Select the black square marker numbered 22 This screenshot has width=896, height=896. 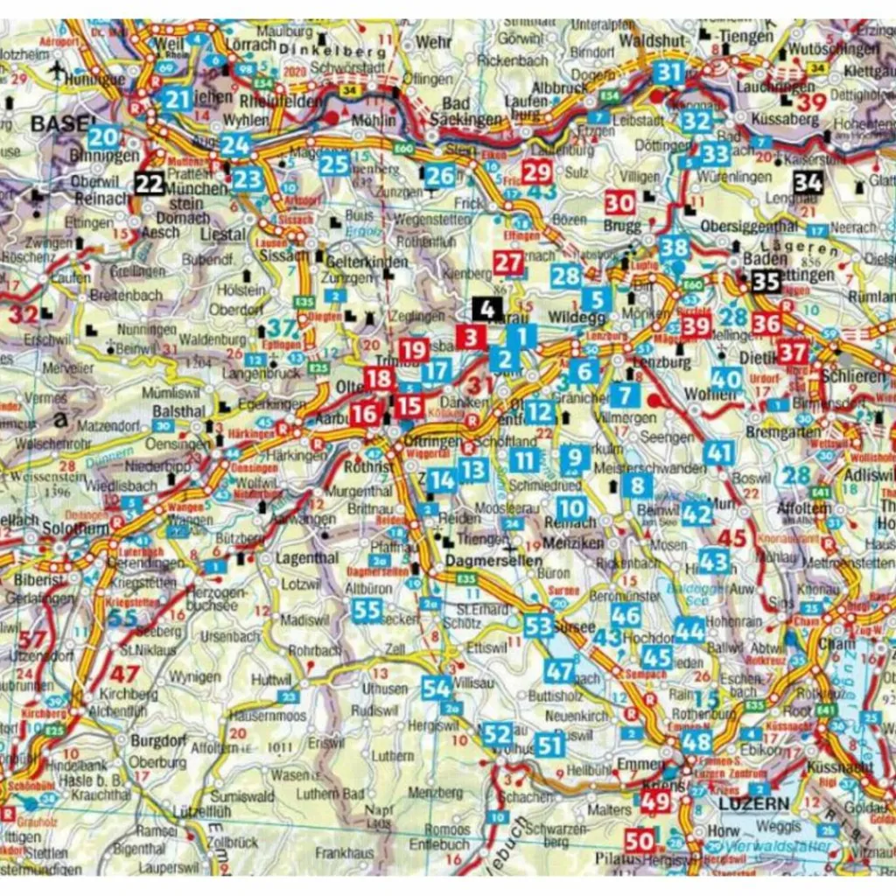[x=149, y=183]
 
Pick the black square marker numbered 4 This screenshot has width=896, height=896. [x=487, y=309]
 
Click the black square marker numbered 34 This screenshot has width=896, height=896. [x=808, y=183]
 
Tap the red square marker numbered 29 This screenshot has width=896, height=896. [x=536, y=171]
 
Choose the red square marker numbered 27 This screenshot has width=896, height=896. [x=508, y=262]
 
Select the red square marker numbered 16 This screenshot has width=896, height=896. [x=365, y=414]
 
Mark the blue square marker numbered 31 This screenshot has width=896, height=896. [x=668, y=73]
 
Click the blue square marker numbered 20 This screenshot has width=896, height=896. [x=103, y=137]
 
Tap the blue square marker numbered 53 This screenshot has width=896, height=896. [x=539, y=625]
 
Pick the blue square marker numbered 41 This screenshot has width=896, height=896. [x=718, y=453]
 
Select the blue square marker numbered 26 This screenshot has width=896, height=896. [x=440, y=176]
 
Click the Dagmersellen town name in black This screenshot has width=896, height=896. [x=478, y=556]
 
